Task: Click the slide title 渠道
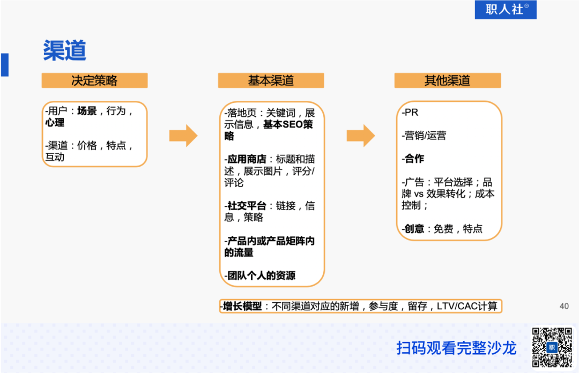64,51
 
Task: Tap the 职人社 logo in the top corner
506,9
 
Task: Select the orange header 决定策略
94,80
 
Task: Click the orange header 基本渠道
271,80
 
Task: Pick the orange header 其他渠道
447,80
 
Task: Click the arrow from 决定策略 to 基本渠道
183,136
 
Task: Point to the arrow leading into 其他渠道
360,136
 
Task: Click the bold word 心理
55,123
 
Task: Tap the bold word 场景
87,111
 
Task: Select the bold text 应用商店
247,159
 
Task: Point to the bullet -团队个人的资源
260,276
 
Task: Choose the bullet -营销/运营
424,136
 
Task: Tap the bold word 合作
414,159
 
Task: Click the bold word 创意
414,229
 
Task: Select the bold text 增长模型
242,307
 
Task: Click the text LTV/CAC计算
467,307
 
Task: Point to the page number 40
564,306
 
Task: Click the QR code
552,347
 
